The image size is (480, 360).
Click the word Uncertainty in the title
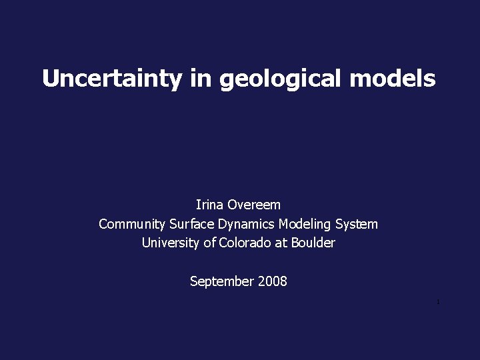[x=111, y=79]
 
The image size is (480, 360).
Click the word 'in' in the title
[x=200, y=79]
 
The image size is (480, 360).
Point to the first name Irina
[x=210, y=205]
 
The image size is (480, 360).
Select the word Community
[x=132, y=224]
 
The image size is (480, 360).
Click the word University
[x=171, y=243]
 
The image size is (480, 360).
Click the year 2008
[x=272, y=281]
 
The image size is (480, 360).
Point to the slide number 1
[x=438, y=303]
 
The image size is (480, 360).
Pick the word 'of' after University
[x=209, y=243]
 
